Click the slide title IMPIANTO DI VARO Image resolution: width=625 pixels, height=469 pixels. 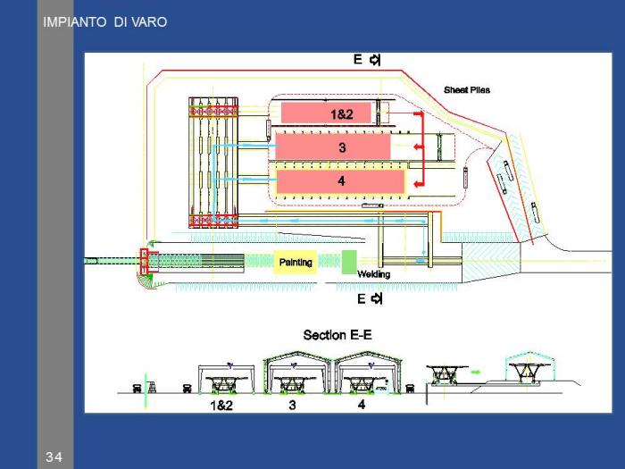point(104,21)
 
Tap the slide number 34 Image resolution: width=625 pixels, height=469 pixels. point(54,457)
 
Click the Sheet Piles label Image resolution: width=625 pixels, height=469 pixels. point(466,90)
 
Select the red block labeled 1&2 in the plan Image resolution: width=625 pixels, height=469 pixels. point(326,113)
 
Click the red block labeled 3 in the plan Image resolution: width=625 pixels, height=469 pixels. point(333,147)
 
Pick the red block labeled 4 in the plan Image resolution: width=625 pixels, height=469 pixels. point(340,180)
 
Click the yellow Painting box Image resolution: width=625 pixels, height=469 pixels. point(296,263)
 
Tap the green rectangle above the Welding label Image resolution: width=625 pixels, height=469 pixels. point(348,262)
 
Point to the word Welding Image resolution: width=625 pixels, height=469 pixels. point(373,274)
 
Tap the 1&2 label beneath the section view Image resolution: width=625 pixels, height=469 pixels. point(221,405)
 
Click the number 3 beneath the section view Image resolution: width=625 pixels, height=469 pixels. point(292,405)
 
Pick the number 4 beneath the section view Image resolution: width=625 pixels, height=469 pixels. point(361,405)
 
